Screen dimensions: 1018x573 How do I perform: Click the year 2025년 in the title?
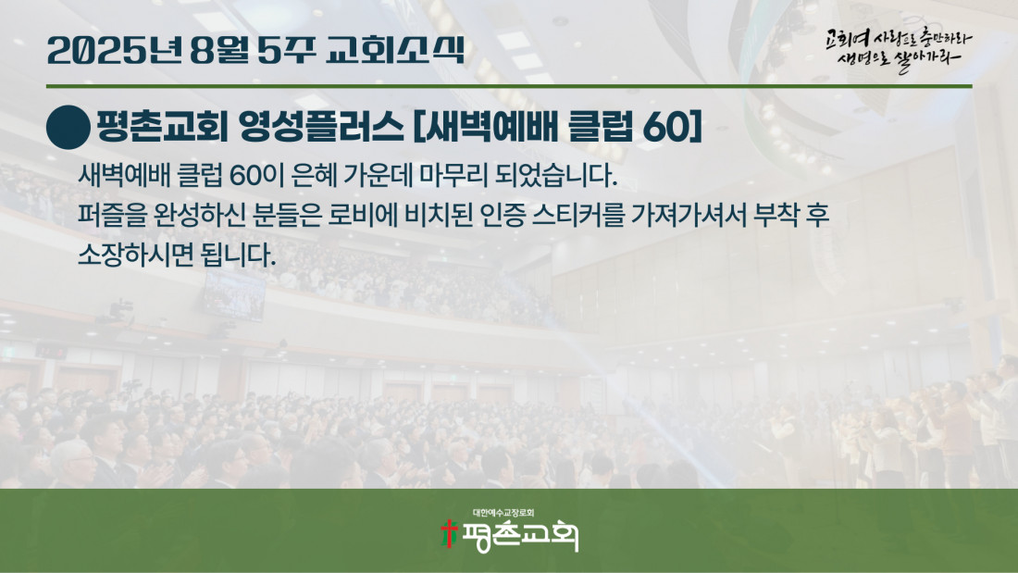(x=115, y=50)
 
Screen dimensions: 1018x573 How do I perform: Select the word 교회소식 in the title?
(x=395, y=50)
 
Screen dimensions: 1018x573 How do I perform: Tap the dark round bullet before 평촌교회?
(x=68, y=128)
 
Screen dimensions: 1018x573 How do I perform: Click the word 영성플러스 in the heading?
(x=321, y=127)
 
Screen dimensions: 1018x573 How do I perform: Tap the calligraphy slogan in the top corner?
(x=899, y=50)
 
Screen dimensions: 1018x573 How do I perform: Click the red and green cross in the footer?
(x=448, y=533)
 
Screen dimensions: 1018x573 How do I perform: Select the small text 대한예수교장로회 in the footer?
(x=503, y=513)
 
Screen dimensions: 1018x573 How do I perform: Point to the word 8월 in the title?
(x=219, y=50)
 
